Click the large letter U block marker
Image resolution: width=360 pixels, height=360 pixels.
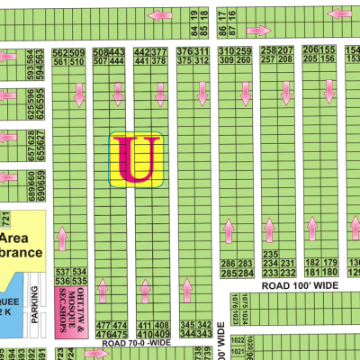[x=136, y=160]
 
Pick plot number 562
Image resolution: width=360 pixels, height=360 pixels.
[x=60, y=52]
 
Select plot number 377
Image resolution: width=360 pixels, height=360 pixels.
[x=159, y=51]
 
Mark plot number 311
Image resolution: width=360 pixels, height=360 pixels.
[x=203, y=51]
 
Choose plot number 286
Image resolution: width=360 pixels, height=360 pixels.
[x=229, y=263]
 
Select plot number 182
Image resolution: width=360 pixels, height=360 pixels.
[x=314, y=263]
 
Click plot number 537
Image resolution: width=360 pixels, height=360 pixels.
[x=62, y=271]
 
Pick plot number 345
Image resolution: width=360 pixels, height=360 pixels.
[x=186, y=324]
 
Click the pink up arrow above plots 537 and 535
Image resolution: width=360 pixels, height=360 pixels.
[x=62, y=238]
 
